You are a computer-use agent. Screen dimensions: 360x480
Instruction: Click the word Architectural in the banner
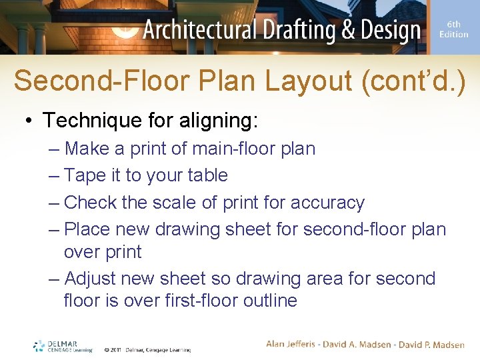199,31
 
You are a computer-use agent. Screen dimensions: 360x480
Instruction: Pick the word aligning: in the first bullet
221,121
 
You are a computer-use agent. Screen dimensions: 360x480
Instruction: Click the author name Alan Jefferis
294,344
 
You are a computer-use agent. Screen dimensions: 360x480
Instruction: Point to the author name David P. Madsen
431,344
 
